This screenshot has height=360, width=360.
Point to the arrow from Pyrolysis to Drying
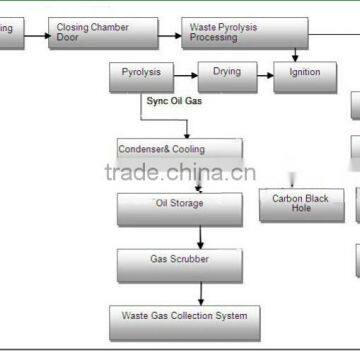[x=186, y=72]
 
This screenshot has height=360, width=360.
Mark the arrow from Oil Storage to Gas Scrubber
[x=203, y=237]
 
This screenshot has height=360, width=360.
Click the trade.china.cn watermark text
[x=180, y=172]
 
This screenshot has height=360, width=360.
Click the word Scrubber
[x=190, y=259]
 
